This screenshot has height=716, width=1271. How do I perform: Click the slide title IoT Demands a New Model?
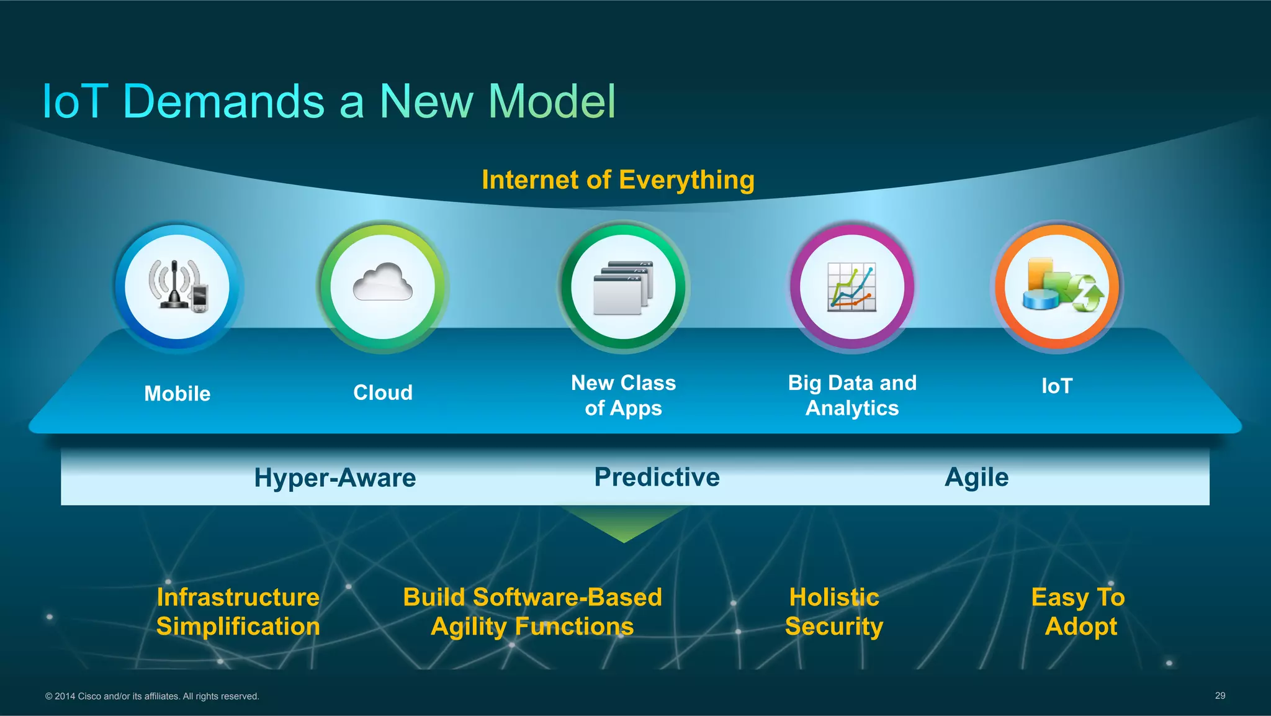pos(329,101)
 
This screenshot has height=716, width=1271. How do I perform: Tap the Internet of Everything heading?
pos(618,180)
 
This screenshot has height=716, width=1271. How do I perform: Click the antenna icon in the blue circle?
pos(177,286)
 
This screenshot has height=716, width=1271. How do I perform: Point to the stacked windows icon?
pos(623,287)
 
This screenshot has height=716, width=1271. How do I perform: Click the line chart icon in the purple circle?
pos(852,287)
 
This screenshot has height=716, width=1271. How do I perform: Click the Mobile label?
pos(177,394)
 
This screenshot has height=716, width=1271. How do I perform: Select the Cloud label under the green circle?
pos(383,392)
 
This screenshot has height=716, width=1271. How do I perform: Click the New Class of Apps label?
pos(623,396)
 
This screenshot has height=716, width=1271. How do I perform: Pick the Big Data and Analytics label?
pos(852,396)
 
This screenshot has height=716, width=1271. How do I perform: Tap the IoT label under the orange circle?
pos(1056,386)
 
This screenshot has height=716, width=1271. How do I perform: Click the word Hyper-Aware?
pos(335,478)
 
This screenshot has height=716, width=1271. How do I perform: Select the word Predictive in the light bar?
pos(657,478)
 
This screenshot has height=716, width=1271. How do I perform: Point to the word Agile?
pos(976,478)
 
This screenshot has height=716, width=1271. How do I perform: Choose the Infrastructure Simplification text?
pos(238,612)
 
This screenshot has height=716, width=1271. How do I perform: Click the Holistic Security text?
pos(834,612)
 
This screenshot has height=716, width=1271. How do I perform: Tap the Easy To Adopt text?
pos(1079,612)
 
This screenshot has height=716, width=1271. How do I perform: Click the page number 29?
pos(1219,696)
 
